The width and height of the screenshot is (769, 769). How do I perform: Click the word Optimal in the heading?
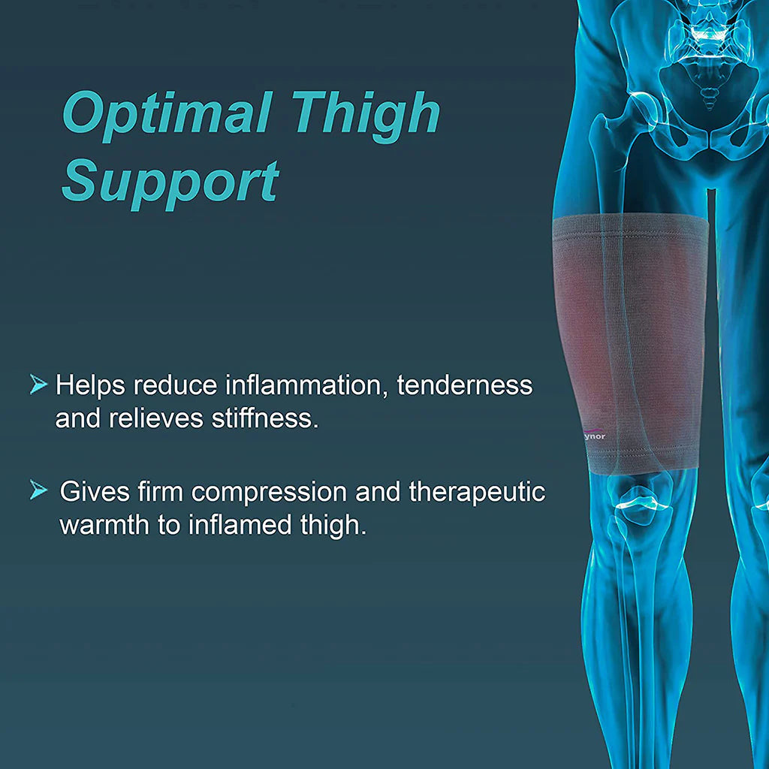point(167,115)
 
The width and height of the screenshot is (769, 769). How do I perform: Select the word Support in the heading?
point(170,182)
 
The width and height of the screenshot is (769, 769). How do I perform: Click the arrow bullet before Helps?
point(38,385)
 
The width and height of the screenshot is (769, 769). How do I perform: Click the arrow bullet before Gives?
point(38,491)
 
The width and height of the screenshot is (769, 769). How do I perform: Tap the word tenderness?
point(464,385)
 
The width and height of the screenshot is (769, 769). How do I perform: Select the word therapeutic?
point(477,493)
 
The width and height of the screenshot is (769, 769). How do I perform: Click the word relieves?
point(155,418)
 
